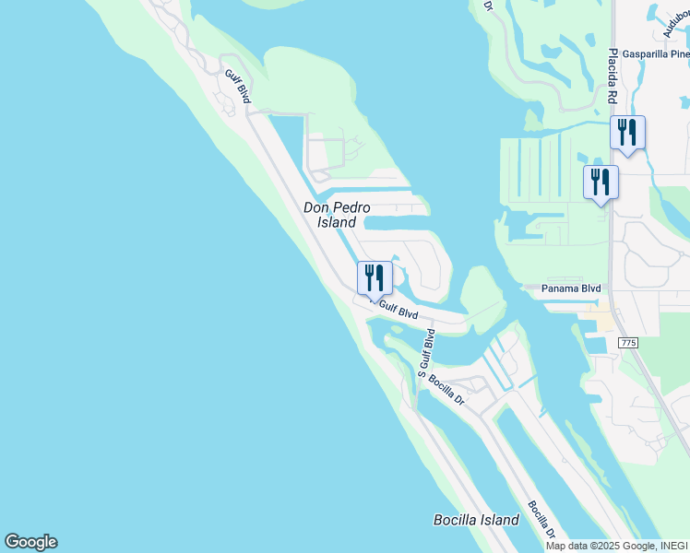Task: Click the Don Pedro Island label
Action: pos(330,215)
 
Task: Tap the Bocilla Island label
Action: pos(476,520)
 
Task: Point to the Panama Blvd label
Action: pos(571,288)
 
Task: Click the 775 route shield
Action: pos(629,343)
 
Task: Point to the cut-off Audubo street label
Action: pos(675,24)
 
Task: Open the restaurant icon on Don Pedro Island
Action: pos(375,276)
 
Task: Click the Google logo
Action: pos(30,542)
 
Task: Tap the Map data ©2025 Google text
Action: pos(599,546)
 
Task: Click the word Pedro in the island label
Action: pos(351,207)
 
